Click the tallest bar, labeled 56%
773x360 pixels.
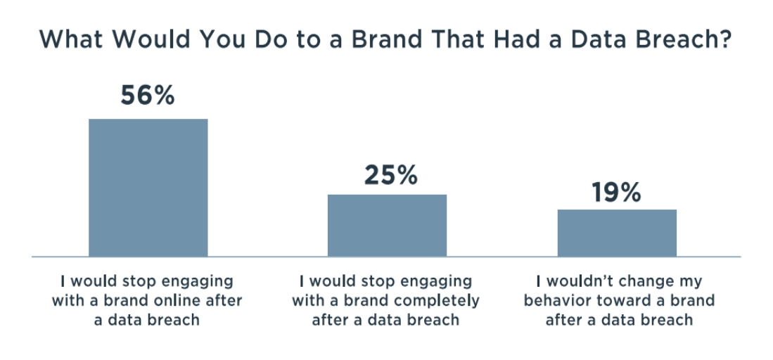click(148, 188)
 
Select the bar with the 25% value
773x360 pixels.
click(387, 226)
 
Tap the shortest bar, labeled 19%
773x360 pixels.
click(617, 233)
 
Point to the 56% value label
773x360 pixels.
click(148, 96)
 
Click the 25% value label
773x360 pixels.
click(391, 175)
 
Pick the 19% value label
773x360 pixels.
click(616, 193)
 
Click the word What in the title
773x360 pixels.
click(69, 39)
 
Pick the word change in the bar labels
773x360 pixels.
click(645, 283)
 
